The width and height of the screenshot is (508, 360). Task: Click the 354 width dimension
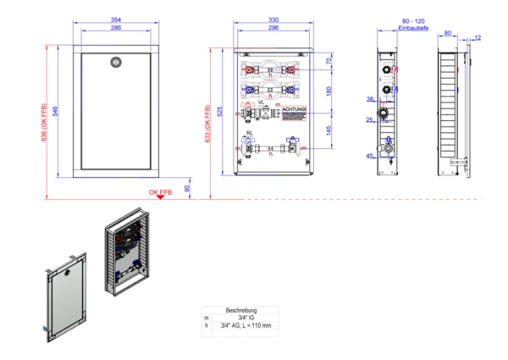tap(116, 20)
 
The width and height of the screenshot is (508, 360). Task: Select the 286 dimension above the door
tap(116, 28)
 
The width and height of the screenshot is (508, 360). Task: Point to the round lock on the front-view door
tap(116, 62)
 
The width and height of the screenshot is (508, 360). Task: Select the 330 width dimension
tap(273, 20)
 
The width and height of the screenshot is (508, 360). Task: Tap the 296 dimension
tap(273, 28)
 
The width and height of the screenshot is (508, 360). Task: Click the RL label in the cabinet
tap(250, 133)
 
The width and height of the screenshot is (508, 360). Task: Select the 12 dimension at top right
tap(478, 37)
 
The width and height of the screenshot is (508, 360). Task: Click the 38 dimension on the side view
tap(371, 99)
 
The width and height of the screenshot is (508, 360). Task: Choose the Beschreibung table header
tap(241, 310)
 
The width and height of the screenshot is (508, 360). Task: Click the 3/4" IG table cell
tap(241, 317)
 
